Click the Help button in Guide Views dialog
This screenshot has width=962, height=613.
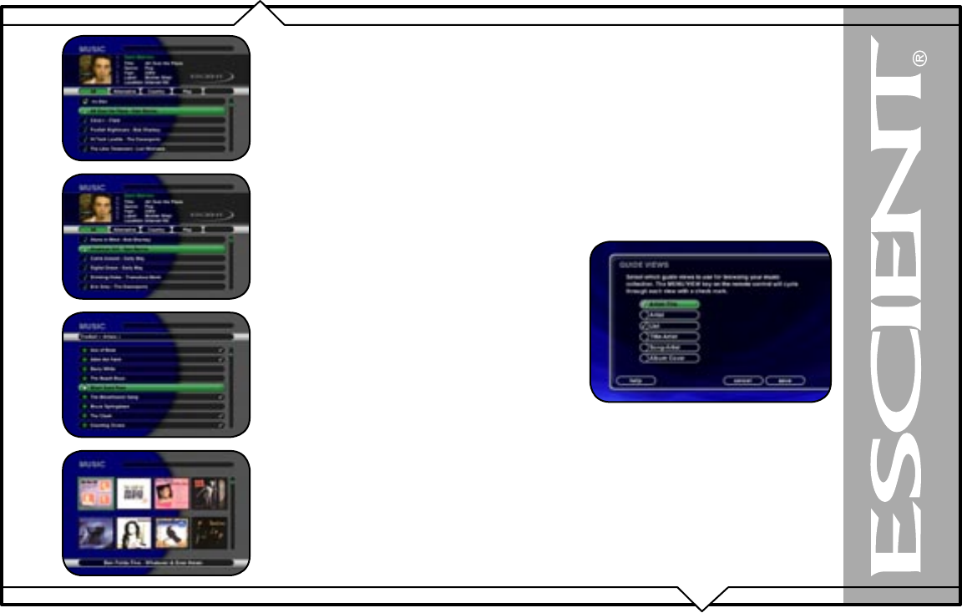635,380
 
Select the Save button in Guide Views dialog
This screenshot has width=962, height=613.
785,380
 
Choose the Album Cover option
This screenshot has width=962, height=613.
670,358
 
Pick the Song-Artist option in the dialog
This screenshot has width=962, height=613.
670,347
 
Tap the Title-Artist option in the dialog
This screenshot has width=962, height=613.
670,337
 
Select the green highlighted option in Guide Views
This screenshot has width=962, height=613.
670,304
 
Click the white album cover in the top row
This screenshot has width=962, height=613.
134,494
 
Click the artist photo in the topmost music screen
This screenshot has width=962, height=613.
95,69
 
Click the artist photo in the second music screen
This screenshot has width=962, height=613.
95,208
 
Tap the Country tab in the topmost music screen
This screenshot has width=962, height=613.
156,92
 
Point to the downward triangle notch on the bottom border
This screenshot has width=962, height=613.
701,599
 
